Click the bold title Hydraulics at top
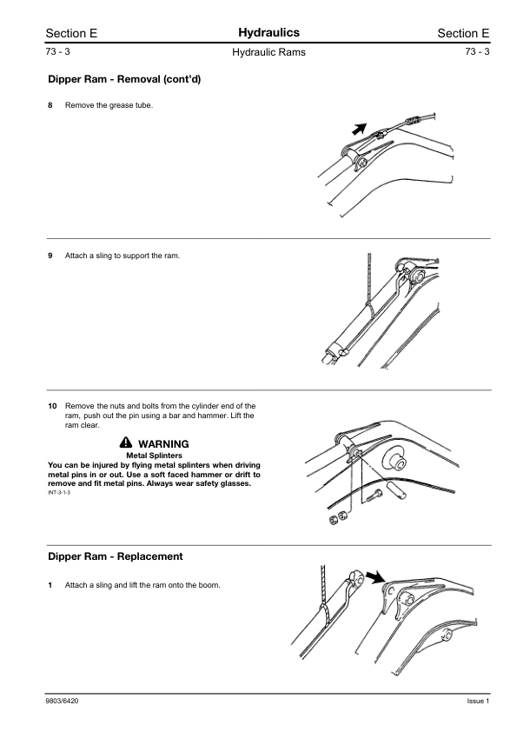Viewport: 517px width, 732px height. point(268,33)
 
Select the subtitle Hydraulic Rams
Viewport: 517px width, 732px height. point(268,52)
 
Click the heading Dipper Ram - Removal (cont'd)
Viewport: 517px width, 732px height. point(124,79)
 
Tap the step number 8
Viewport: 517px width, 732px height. point(50,105)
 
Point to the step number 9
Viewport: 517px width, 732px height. point(50,256)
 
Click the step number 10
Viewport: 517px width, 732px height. point(52,406)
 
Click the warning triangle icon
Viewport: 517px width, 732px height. point(125,443)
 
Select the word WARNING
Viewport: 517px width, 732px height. point(163,444)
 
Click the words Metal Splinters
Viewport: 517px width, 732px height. point(154,456)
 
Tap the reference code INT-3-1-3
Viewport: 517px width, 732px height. point(59,493)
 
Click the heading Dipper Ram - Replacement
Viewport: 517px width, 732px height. point(116,556)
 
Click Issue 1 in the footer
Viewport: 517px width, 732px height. point(478,702)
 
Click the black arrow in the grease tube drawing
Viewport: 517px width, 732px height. point(359,129)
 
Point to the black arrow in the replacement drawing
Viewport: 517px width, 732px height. point(374,577)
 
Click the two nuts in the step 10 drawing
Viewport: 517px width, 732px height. point(338,518)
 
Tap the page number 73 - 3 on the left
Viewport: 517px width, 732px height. point(58,52)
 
